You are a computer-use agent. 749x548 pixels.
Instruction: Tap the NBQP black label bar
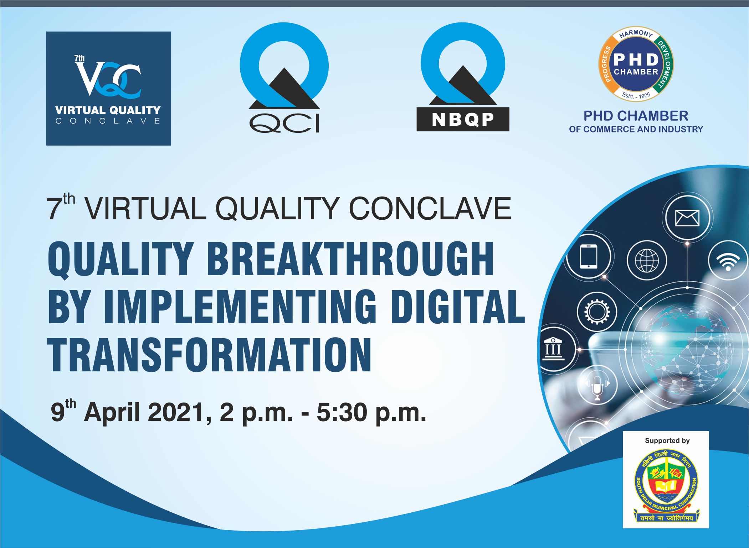pyautogui.click(x=463, y=120)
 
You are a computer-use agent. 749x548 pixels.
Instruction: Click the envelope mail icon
pyautogui.click(x=687, y=218)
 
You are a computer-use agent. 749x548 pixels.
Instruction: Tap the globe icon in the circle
pyautogui.click(x=647, y=260)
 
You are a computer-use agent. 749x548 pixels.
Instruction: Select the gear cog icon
pyautogui.click(x=596, y=312)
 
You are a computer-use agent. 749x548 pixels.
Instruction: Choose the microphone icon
pyautogui.click(x=597, y=387)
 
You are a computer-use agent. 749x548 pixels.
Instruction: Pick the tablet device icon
pyautogui.click(x=589, y=256)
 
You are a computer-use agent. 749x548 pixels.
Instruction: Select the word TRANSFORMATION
pyautogui.click(x=210, y=355)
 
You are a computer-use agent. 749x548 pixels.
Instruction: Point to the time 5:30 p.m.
pyautogui.click(x=371, y=412)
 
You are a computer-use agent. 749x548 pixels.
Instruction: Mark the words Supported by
pyautogui.click(x=667, y=441)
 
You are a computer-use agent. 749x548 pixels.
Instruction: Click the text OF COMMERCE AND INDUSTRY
pyautogui.click(x=636, y=129)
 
